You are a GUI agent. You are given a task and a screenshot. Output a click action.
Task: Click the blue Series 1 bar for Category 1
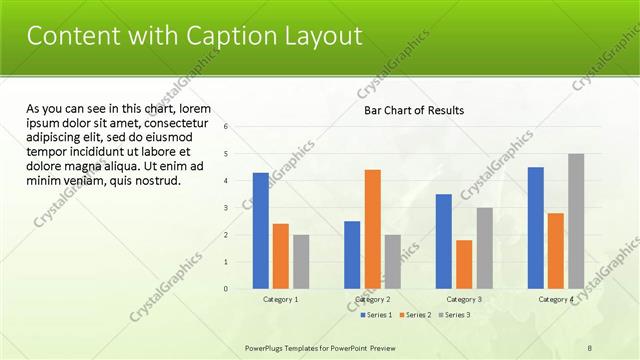pos(260,230)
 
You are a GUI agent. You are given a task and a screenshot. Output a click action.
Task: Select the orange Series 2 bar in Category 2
pos(372,228)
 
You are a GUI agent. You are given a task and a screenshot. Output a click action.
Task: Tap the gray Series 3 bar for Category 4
pos(576,221)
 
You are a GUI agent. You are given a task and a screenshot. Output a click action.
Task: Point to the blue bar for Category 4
pos(536,227)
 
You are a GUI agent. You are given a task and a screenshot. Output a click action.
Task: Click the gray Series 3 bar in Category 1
pos(301,261)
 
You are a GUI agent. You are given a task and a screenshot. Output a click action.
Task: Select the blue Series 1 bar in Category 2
pos(352,254)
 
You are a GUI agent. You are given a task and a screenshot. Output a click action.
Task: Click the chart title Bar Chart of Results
pos(413,111)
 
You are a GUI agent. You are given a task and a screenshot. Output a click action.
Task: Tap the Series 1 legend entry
pos(377,315)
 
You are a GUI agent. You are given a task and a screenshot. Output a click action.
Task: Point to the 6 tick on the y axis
pos(227,127)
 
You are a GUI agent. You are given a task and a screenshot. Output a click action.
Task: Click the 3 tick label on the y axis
pos(227,208)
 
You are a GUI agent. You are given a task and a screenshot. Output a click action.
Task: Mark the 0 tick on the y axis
pos(227,289)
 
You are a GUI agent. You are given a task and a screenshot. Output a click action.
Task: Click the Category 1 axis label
pos(280,299)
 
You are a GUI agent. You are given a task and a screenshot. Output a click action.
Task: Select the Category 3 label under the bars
pos(464,299)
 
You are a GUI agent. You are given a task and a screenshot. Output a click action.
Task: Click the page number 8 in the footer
pos(589,347)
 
